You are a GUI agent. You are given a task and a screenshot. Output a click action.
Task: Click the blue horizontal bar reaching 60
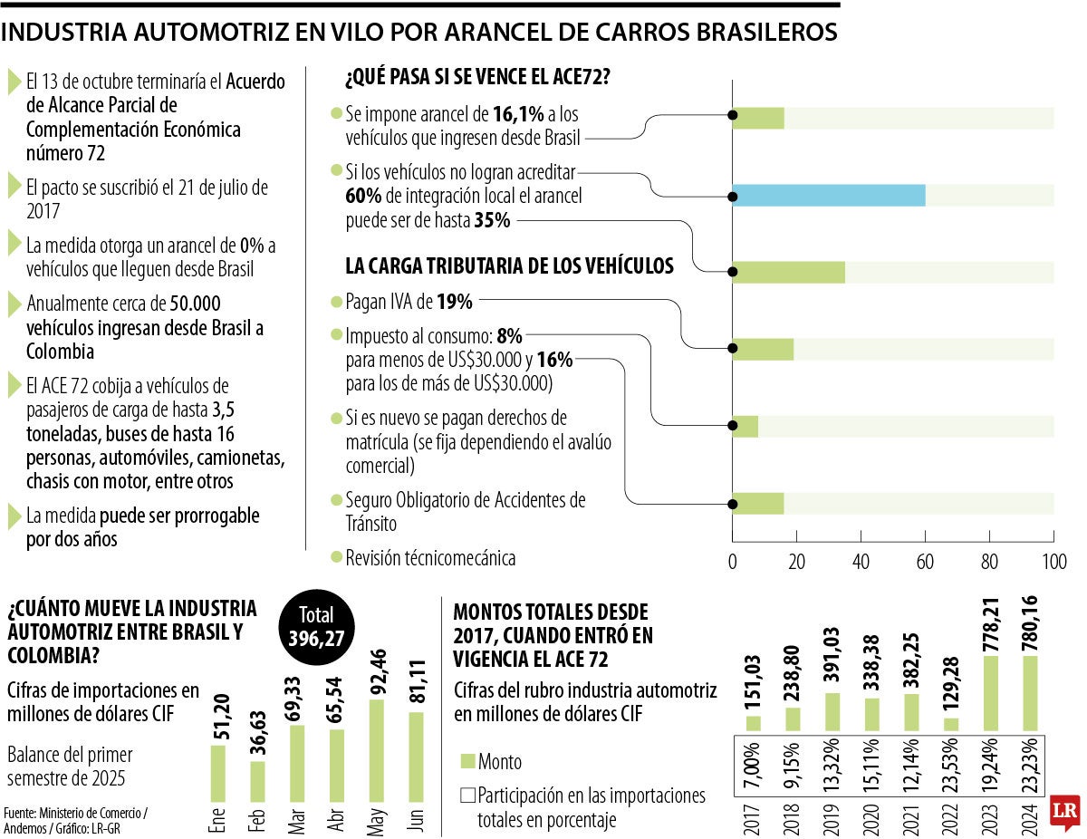click(x=828, y=195)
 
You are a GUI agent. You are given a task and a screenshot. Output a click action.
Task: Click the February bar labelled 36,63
click(x=257, y=782)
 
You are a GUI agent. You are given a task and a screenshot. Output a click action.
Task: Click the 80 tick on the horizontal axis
click(x=989, y=561)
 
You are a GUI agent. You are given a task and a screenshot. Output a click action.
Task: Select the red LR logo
click(x=1063, y=813)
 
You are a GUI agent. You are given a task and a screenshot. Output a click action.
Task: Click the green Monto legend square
click(x=467, y=761)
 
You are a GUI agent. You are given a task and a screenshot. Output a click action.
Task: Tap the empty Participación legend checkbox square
click(x=467, y=796)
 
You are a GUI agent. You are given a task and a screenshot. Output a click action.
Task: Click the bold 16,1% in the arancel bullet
click(x=518, y=115)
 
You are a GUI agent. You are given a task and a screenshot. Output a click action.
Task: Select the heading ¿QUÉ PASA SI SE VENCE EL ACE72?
click(x=476, y=78)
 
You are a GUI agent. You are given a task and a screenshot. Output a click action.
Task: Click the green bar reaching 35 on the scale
click(x=788, y=272)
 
